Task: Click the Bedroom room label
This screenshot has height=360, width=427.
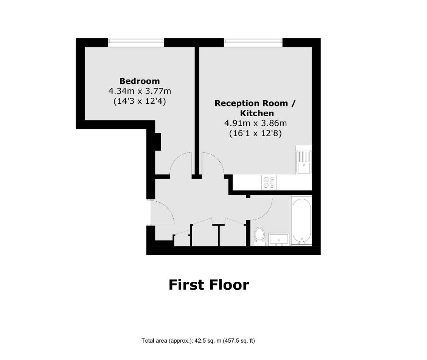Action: coord(139,81)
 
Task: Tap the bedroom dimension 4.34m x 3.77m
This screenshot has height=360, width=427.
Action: coord(140,91)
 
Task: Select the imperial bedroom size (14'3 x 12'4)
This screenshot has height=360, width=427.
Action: coord(139,101)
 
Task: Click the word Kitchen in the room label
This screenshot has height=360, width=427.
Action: coord(257,113)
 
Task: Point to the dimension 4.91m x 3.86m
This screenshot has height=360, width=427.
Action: coord(255,123)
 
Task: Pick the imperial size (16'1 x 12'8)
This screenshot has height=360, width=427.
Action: coord(255,133)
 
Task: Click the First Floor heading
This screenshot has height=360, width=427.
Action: coord(209,285)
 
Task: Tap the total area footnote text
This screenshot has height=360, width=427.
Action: coord(198,340)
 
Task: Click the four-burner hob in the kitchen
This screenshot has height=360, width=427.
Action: coord(269,182)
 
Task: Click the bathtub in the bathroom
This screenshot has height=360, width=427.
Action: coord(301,220)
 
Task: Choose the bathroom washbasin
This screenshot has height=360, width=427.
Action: coord(279,239)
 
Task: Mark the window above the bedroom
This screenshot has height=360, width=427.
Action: coord(136,43)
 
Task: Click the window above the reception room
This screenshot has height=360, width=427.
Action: coord(253,43)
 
